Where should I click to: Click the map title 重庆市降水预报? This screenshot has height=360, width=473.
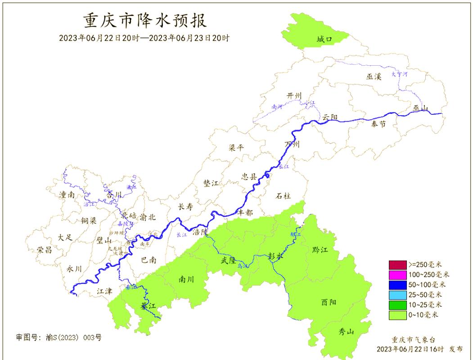point(145,21)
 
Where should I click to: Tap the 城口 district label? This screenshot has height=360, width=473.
point(324,40)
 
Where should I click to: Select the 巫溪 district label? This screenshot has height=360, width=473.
point(374,77)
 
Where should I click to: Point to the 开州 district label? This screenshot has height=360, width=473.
point(294,95)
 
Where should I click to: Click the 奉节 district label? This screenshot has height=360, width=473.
point(378,124)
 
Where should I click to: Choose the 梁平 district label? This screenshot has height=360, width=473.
point(237,148)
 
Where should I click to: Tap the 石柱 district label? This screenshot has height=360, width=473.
point(283,196)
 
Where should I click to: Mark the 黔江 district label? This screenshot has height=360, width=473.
point(320,250)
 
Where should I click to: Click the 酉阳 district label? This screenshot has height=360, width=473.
point(329,302)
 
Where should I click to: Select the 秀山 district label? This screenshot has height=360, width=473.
point(347,332)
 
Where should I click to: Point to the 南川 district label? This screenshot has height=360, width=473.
point(186,279)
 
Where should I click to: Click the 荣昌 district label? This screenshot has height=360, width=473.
point(45,250)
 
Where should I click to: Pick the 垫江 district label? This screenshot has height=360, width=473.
point(211,183)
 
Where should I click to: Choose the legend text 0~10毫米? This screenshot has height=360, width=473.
point(423,315)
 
